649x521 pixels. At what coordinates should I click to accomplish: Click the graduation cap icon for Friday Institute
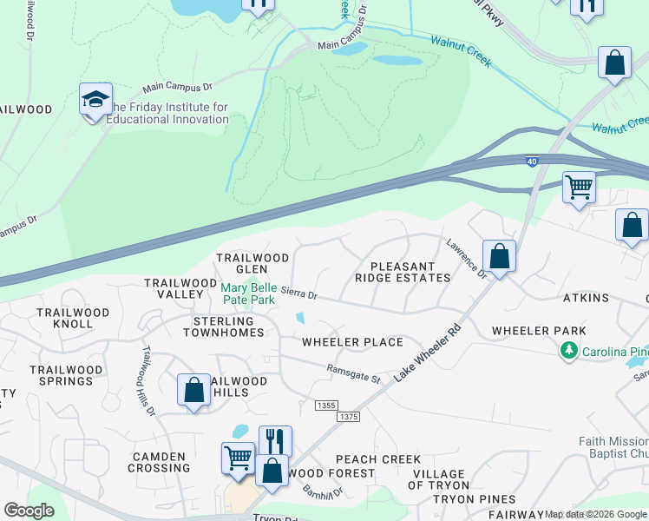click(x=95, y=100)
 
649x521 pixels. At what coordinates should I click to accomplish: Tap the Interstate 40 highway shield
click(x=532, y=161)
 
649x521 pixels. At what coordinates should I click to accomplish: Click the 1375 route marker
click(x=350, y=417)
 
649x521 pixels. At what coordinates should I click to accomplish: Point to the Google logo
click(x=29, y=511)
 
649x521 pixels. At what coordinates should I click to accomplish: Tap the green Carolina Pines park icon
click(x=568, y=351)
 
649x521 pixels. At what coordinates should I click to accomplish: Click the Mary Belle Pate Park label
click(x=248, y=293)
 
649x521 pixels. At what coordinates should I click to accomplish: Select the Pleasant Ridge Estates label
click(x=403, y=272)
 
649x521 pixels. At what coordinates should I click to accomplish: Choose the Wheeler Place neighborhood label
click(x=352, y=342)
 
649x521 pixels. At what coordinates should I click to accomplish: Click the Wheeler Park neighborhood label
click(x=539, y=331)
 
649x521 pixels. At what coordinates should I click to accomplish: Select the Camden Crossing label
click(x=161, y=462)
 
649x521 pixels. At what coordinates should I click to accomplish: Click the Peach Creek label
click(x=378, y=459)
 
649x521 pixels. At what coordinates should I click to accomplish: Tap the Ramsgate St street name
click(x=354, y=373)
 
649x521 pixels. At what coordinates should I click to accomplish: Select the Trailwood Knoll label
click(x=73, y=318)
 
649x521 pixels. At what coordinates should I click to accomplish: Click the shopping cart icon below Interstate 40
click(x=579, y=187)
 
